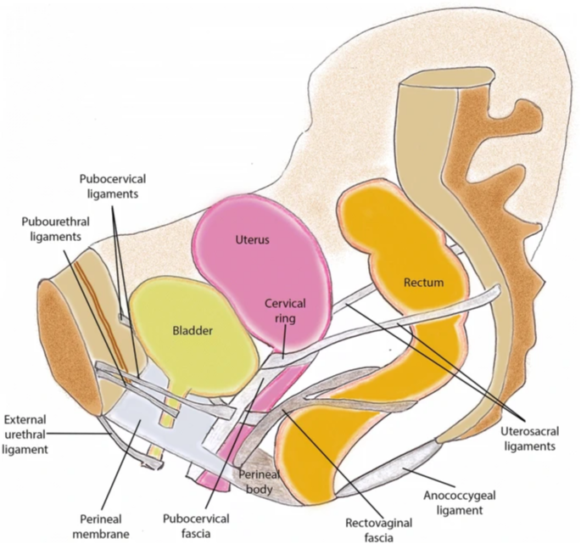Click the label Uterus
(252, 240)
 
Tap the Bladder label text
(192, 330)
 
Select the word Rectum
(423, 282)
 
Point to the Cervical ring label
(285, 310)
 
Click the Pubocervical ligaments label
(113, 187)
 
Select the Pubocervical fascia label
(194, 526)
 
